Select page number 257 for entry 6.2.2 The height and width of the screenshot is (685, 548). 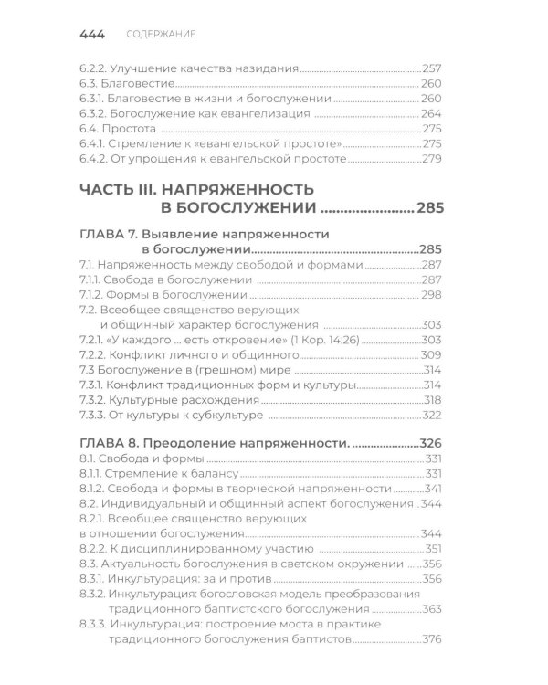click(432, 68)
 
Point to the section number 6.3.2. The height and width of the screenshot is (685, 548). click(93, 114)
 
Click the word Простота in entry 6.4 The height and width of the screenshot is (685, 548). click(128, 129)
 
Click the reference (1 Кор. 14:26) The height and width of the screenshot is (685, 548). click(340, 339)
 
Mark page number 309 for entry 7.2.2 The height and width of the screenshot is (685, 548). click(432, 354)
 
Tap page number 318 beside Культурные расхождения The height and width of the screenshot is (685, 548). click(432, 401)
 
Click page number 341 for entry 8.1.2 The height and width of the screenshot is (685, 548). click(432, 489)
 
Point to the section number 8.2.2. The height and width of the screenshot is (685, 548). click(93, 549)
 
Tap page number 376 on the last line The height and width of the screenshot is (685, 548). click(432, 639)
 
